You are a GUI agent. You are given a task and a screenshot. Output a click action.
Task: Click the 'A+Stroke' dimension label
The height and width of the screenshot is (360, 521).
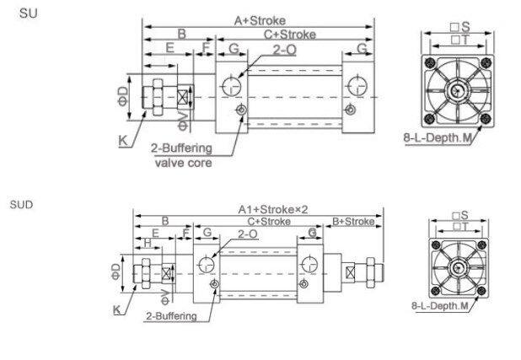tap(260, 20)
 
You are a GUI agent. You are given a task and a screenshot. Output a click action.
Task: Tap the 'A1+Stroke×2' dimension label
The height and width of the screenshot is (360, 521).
tap(273, 209)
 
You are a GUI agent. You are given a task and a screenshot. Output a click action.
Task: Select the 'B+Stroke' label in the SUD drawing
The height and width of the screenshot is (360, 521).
tap(353, 222)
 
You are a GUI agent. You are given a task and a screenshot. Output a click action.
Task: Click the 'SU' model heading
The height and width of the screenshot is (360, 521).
tap(29, 13)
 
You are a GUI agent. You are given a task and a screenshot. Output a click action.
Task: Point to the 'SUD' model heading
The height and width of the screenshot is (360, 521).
tap(22, 204)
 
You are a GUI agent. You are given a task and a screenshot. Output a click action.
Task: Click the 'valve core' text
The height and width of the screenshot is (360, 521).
tap(184, 163)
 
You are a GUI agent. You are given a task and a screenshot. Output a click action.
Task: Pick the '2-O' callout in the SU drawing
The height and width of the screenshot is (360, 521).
tap(284, 50)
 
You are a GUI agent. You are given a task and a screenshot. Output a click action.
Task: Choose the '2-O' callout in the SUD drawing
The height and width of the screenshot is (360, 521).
tap(248, 234)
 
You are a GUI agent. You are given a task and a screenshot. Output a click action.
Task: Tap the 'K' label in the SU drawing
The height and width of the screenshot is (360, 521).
tap(123, 141)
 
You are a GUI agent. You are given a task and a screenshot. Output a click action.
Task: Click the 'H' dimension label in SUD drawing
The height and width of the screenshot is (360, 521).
tap(148, 243)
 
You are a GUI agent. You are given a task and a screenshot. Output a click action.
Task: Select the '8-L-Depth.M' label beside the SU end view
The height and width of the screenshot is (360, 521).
tap(438, 137)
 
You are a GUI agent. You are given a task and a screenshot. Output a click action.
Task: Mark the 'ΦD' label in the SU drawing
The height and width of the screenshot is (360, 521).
tap(123, 96)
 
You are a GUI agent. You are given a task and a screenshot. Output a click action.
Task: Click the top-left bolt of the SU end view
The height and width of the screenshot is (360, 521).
tap(430, 63)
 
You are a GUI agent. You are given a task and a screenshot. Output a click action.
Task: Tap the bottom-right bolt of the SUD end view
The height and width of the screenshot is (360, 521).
tap(481, 291)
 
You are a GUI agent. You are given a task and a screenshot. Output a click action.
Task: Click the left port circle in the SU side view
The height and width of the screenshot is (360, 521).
tap(230, 86)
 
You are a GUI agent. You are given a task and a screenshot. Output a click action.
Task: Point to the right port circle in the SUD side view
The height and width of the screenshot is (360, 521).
tap(309, 265)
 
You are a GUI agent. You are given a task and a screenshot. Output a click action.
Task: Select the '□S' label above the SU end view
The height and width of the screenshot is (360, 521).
tap(460, 27)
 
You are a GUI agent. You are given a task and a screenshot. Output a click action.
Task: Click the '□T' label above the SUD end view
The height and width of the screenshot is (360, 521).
tap(461, 227)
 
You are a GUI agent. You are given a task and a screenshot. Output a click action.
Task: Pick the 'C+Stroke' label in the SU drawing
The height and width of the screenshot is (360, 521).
tap(290, 35)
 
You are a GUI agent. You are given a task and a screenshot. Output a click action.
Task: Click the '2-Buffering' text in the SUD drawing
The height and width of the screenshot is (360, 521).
tap(171, 316)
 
